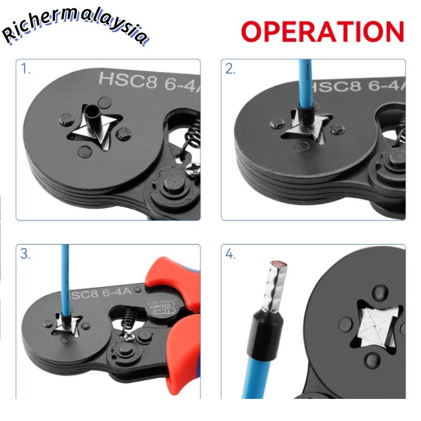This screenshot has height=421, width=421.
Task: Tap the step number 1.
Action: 26,69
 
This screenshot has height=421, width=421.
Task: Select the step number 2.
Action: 230,69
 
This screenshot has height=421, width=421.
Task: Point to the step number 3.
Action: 26,254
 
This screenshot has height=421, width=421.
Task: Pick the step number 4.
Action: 230,254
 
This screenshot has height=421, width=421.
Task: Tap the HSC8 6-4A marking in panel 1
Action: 147,81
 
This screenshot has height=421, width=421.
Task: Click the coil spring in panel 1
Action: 192,137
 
